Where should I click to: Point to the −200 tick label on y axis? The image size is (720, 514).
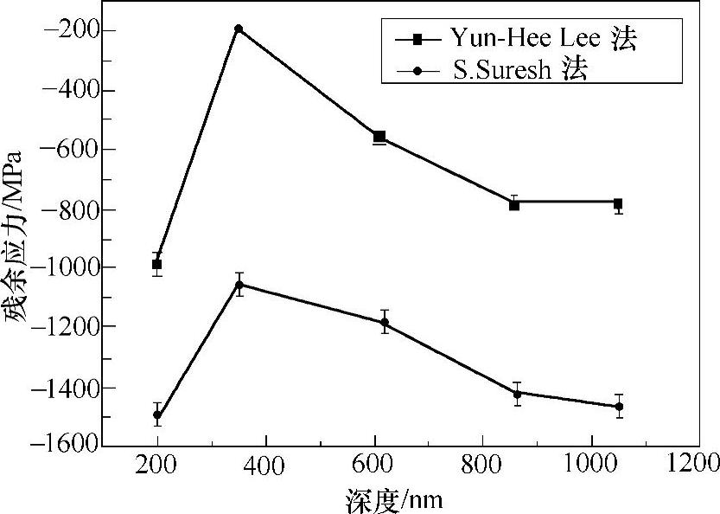tap(67, 30)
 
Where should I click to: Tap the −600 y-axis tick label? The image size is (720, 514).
tap(67, 149)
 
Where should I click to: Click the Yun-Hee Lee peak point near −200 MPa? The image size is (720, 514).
tap(239, 29)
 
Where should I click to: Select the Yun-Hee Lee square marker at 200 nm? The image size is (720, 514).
tap(156, 264)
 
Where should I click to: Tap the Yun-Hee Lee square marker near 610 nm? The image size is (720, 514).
tap(379, 137)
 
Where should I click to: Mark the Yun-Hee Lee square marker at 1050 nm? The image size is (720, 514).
tap(618, 203)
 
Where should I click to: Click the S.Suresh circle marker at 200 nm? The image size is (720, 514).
tap(157, 414)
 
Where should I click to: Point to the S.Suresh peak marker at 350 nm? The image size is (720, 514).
tap(239, 284)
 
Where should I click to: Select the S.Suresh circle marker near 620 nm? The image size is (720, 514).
tap(385, 322)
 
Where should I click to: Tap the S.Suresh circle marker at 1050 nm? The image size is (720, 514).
tap(619, 406)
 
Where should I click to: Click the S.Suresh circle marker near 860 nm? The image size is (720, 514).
tap(518, 394)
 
